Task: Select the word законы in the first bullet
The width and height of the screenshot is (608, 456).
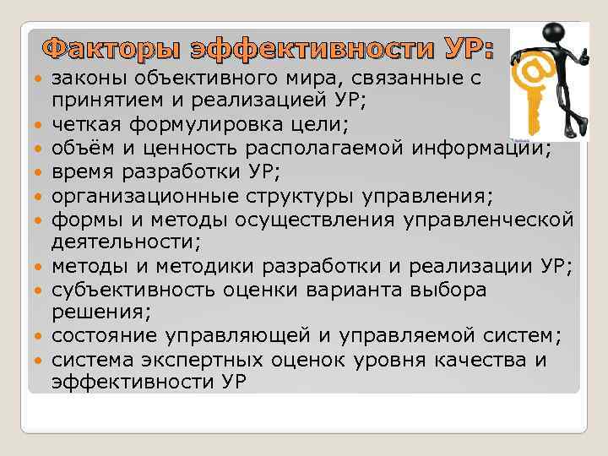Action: coord(88,79)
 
